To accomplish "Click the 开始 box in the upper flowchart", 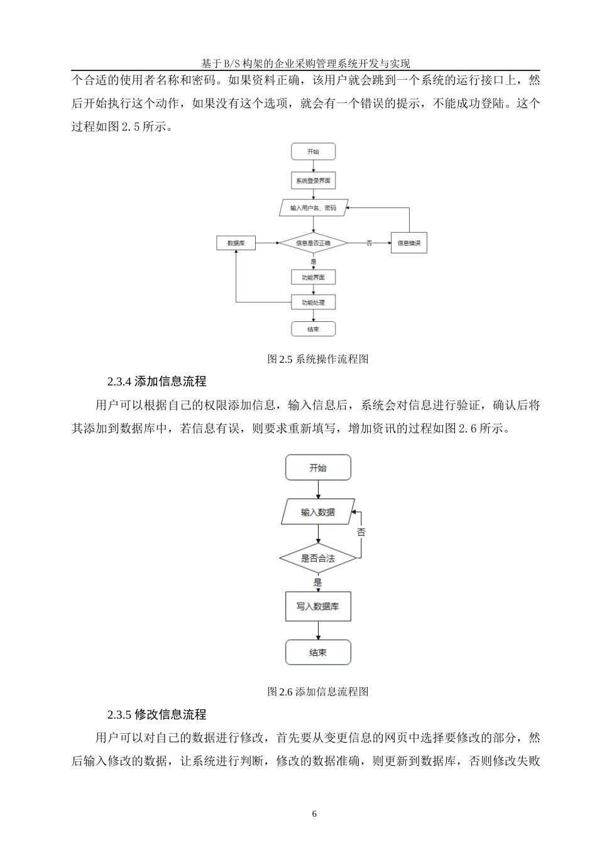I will (313, 152).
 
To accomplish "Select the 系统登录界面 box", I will (313, 180).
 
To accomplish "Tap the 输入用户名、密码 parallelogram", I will (313, 207).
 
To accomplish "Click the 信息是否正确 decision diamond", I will (313, 243).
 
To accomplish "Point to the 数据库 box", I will (236, 243).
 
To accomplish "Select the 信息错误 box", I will (409, 243).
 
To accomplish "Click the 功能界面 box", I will (313, 277).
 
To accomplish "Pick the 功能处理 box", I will (313, 302).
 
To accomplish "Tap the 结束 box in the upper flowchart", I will (313, 329).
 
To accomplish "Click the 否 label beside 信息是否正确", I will (370, 243).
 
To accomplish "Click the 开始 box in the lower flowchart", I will (318, 468).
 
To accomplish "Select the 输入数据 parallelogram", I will (318, 512).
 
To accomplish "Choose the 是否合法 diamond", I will (318, 558).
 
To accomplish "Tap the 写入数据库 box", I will (318, 607).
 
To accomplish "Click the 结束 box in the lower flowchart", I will (318, 653).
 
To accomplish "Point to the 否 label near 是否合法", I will (361, 533).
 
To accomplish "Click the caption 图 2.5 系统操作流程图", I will (317, 359).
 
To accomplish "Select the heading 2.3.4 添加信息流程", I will (157, 382).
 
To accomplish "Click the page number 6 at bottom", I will (315, 814).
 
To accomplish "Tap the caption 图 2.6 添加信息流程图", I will (317, 692).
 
